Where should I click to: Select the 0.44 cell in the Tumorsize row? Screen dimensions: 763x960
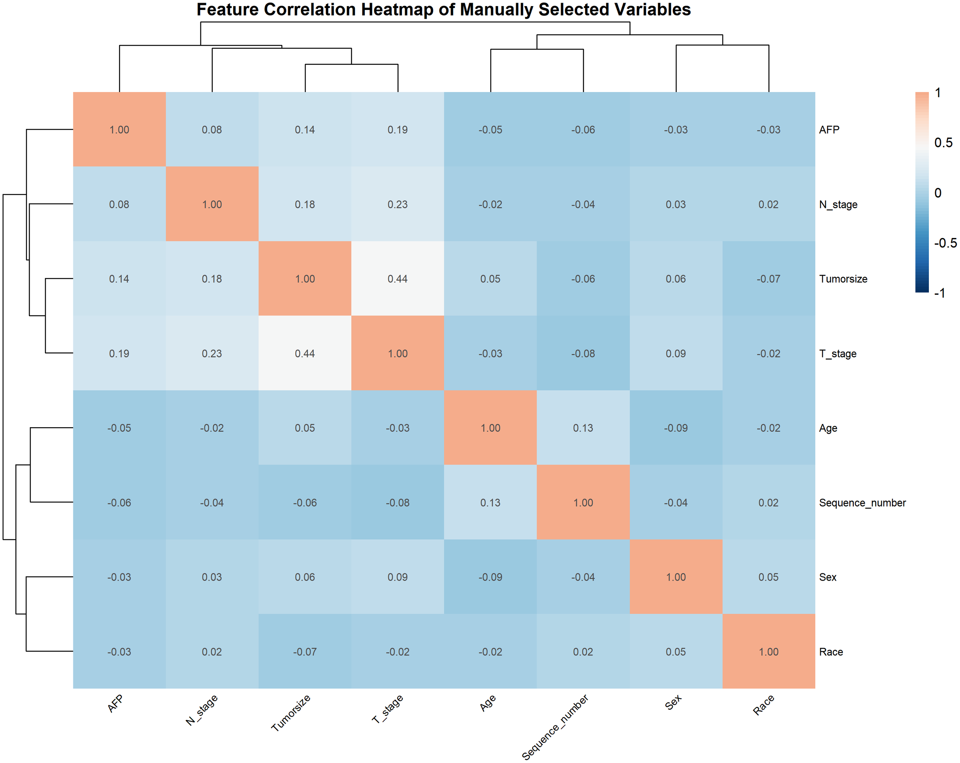[397, 279]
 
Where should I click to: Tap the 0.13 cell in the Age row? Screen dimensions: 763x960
[583, 428]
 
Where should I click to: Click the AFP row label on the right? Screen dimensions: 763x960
[829, 130]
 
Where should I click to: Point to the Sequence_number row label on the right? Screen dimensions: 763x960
[862, 503]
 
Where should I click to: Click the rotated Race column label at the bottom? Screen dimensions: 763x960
[764, 705]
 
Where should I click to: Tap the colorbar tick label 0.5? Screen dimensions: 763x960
[943, 143]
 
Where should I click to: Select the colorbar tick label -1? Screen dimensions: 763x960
[940, 293]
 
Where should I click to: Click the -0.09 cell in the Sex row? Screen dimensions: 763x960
[490, 577]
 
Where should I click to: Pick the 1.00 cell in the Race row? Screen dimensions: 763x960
[768, 652]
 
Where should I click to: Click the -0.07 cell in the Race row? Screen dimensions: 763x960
[305, 652]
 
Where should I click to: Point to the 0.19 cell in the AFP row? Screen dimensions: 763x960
[397, 130]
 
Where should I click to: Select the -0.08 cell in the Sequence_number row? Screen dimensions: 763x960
[397, 503]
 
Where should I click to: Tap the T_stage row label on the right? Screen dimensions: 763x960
[838, 354]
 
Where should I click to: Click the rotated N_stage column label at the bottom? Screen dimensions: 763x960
[202, 710]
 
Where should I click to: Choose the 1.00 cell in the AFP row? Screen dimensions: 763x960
[119, 130]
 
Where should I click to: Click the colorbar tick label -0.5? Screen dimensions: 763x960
[945, 243]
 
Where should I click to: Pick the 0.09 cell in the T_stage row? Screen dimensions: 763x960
[675, 354]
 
